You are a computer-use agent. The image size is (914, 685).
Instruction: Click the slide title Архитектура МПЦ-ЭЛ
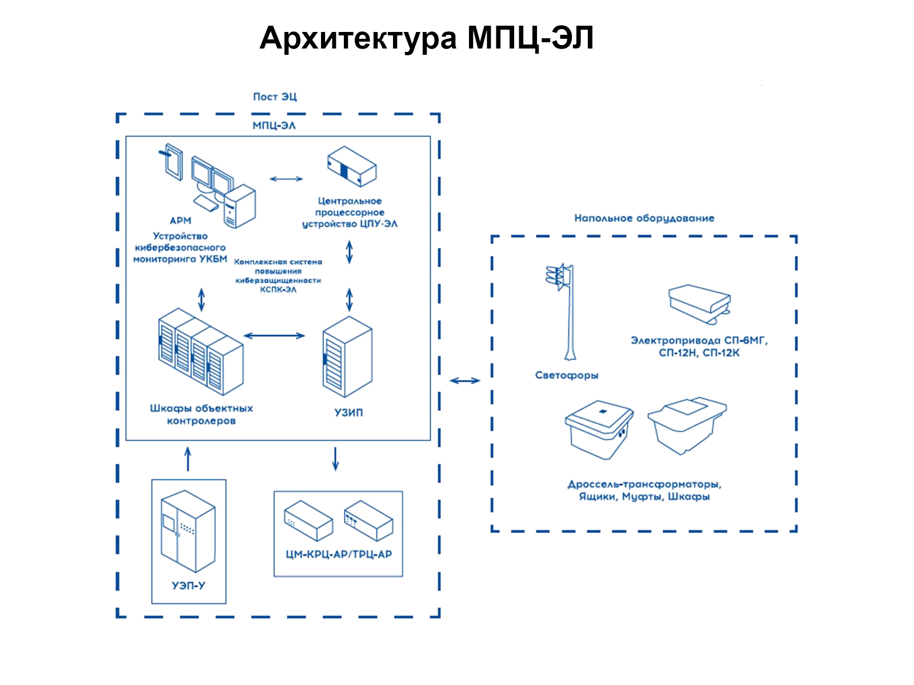click(426, 39)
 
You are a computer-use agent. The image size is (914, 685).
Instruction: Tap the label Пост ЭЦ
click(275, 97)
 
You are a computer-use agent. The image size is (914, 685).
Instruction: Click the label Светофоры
click(567, 375)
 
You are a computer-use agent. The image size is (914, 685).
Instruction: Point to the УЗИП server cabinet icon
click(347, 357)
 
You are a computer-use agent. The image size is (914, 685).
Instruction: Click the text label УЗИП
click(348, 412)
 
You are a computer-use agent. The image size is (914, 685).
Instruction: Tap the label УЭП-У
click(189, 586)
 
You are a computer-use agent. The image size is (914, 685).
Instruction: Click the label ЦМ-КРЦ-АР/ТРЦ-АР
click(339, 554)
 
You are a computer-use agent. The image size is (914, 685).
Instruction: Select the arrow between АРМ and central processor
click(286, 179)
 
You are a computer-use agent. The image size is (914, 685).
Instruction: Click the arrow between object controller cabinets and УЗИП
click(274, 336)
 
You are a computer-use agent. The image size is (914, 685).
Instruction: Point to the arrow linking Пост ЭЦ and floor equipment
click(465, 381)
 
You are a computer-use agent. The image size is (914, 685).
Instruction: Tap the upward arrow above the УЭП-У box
click(188, 459)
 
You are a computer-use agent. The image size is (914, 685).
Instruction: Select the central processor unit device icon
click(352, 167)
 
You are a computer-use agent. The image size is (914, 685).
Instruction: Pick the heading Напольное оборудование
click(644, 218)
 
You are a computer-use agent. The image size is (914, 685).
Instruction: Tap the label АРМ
click(181, 220)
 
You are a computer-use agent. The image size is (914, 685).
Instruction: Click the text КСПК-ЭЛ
click(278, 290)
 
